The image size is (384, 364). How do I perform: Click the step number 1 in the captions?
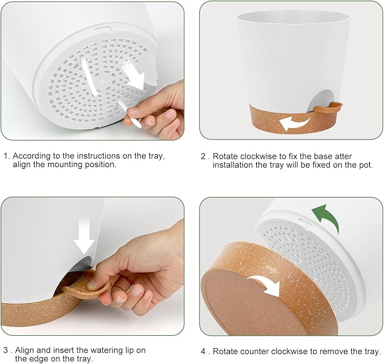pos(5,156)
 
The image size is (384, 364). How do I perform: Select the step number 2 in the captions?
pos(203,156)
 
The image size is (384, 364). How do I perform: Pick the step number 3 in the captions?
pos(5,350)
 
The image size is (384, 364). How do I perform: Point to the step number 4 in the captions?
pos(204,351)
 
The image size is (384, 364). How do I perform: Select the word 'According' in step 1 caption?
pos(32,156)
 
